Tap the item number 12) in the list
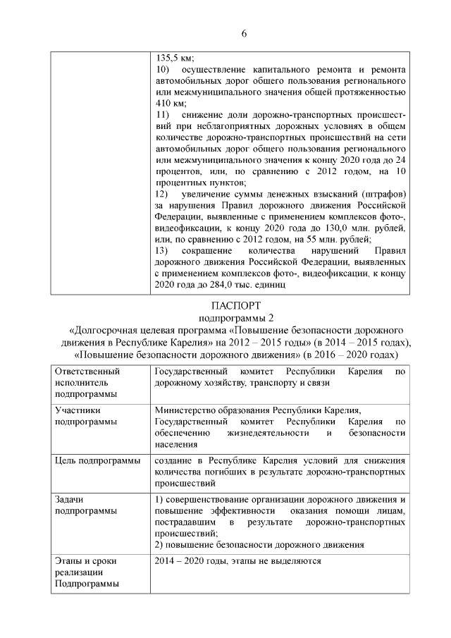click(x=162, y=194)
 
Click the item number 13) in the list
click(x=162, y=251)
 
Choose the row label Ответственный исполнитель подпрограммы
click(x=87, y=382)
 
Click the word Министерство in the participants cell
click(x=188, y=411)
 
